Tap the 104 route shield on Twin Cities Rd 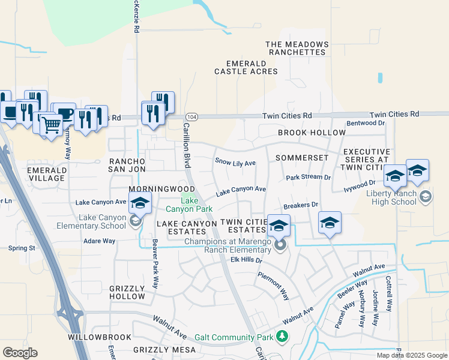pyautogui.click(x=191, y=116)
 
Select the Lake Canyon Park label pyautogui.click(x=189, y=205)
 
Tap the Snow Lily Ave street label pyautogui.click(x=235, y=163)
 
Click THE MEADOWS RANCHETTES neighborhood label pyautogui.click(x=297, y=49)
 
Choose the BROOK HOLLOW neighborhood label pyautogui.click(x=312, y=133)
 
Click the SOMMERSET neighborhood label pyautogui.click(x=302, y=158)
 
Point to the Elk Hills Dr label pyautogui.click(x=247, y=260)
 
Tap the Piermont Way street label pyautogui.click(x=274, y=286)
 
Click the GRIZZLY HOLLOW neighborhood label pyautogui.click(x=127, y=293)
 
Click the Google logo pyautogui.click(x=20, y=353)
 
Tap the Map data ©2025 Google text pyautogui.click(x=411, y=355)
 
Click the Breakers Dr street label pyautogui.click(x=301, y=205)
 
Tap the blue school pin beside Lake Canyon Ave pyautogui.click(x=139, y=203)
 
